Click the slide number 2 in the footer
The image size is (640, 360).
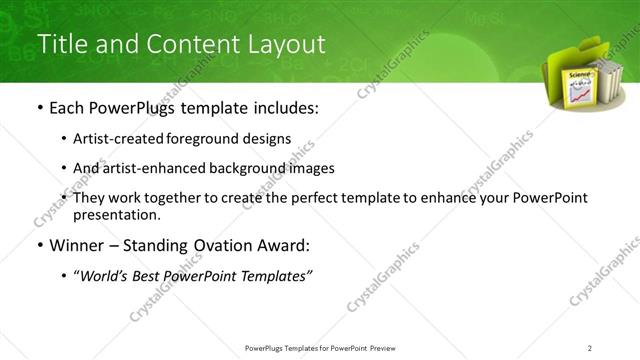click(x=590, y=347)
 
